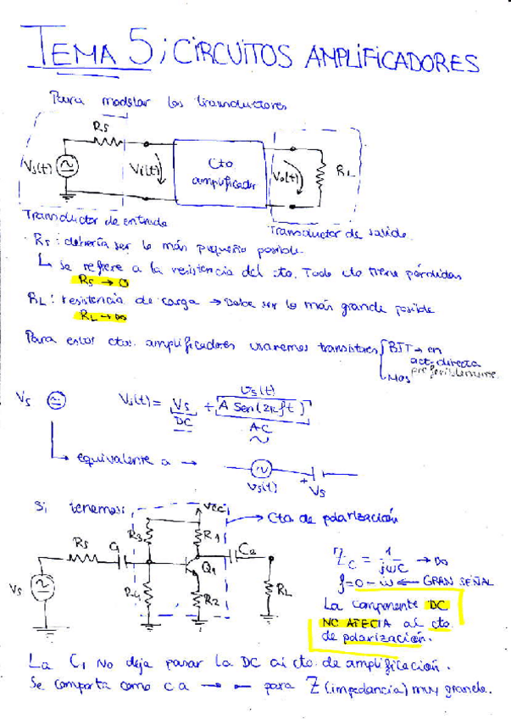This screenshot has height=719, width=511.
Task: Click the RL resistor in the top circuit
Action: [x=321, y=173]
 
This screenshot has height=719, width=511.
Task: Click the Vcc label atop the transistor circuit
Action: [x=213, y=507]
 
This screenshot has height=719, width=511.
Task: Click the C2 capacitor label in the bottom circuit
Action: [x=247, y=550]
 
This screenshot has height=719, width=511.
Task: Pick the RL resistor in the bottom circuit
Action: [x=271, y=589]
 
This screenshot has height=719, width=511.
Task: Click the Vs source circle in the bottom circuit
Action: [x=39, y=588]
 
